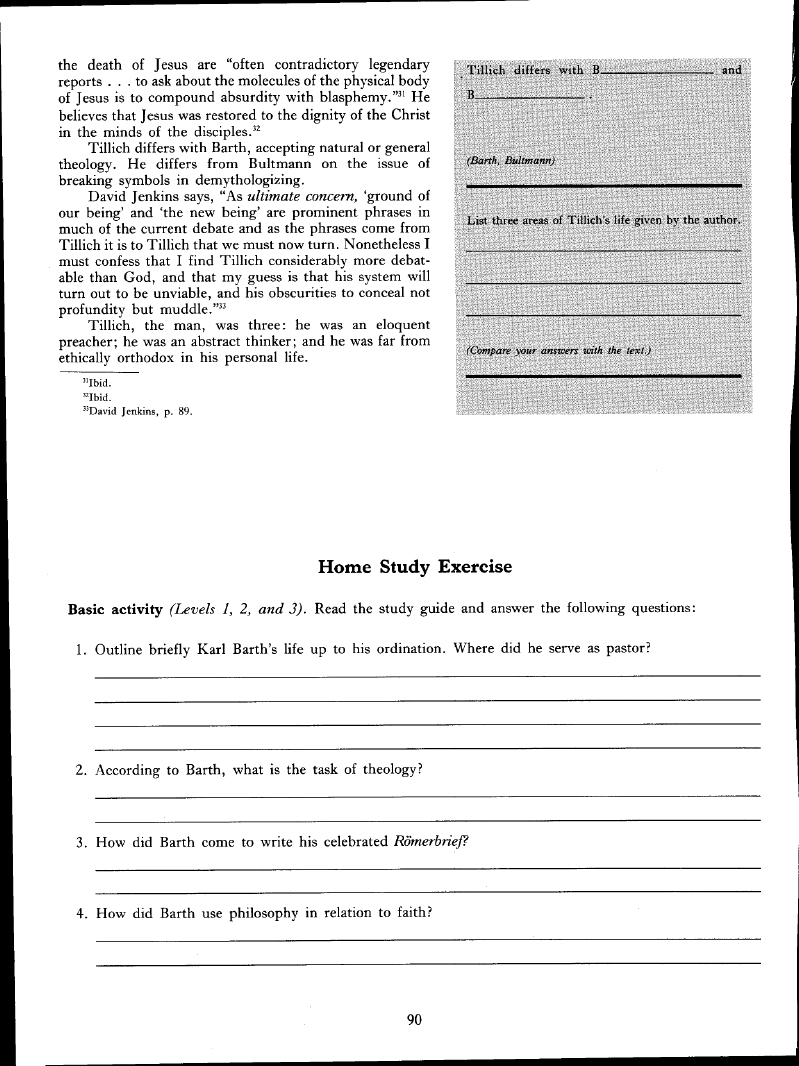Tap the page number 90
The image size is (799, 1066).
click(x=415, y=1020)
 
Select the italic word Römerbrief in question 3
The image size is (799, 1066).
click(x=430, y=841)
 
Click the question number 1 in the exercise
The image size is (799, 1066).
click(x=80, y=649)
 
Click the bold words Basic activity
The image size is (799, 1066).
click(x=115, y=608)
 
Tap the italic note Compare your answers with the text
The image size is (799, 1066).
click(x=559, y=350)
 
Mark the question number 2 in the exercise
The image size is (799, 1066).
click(x=80, y=771)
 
